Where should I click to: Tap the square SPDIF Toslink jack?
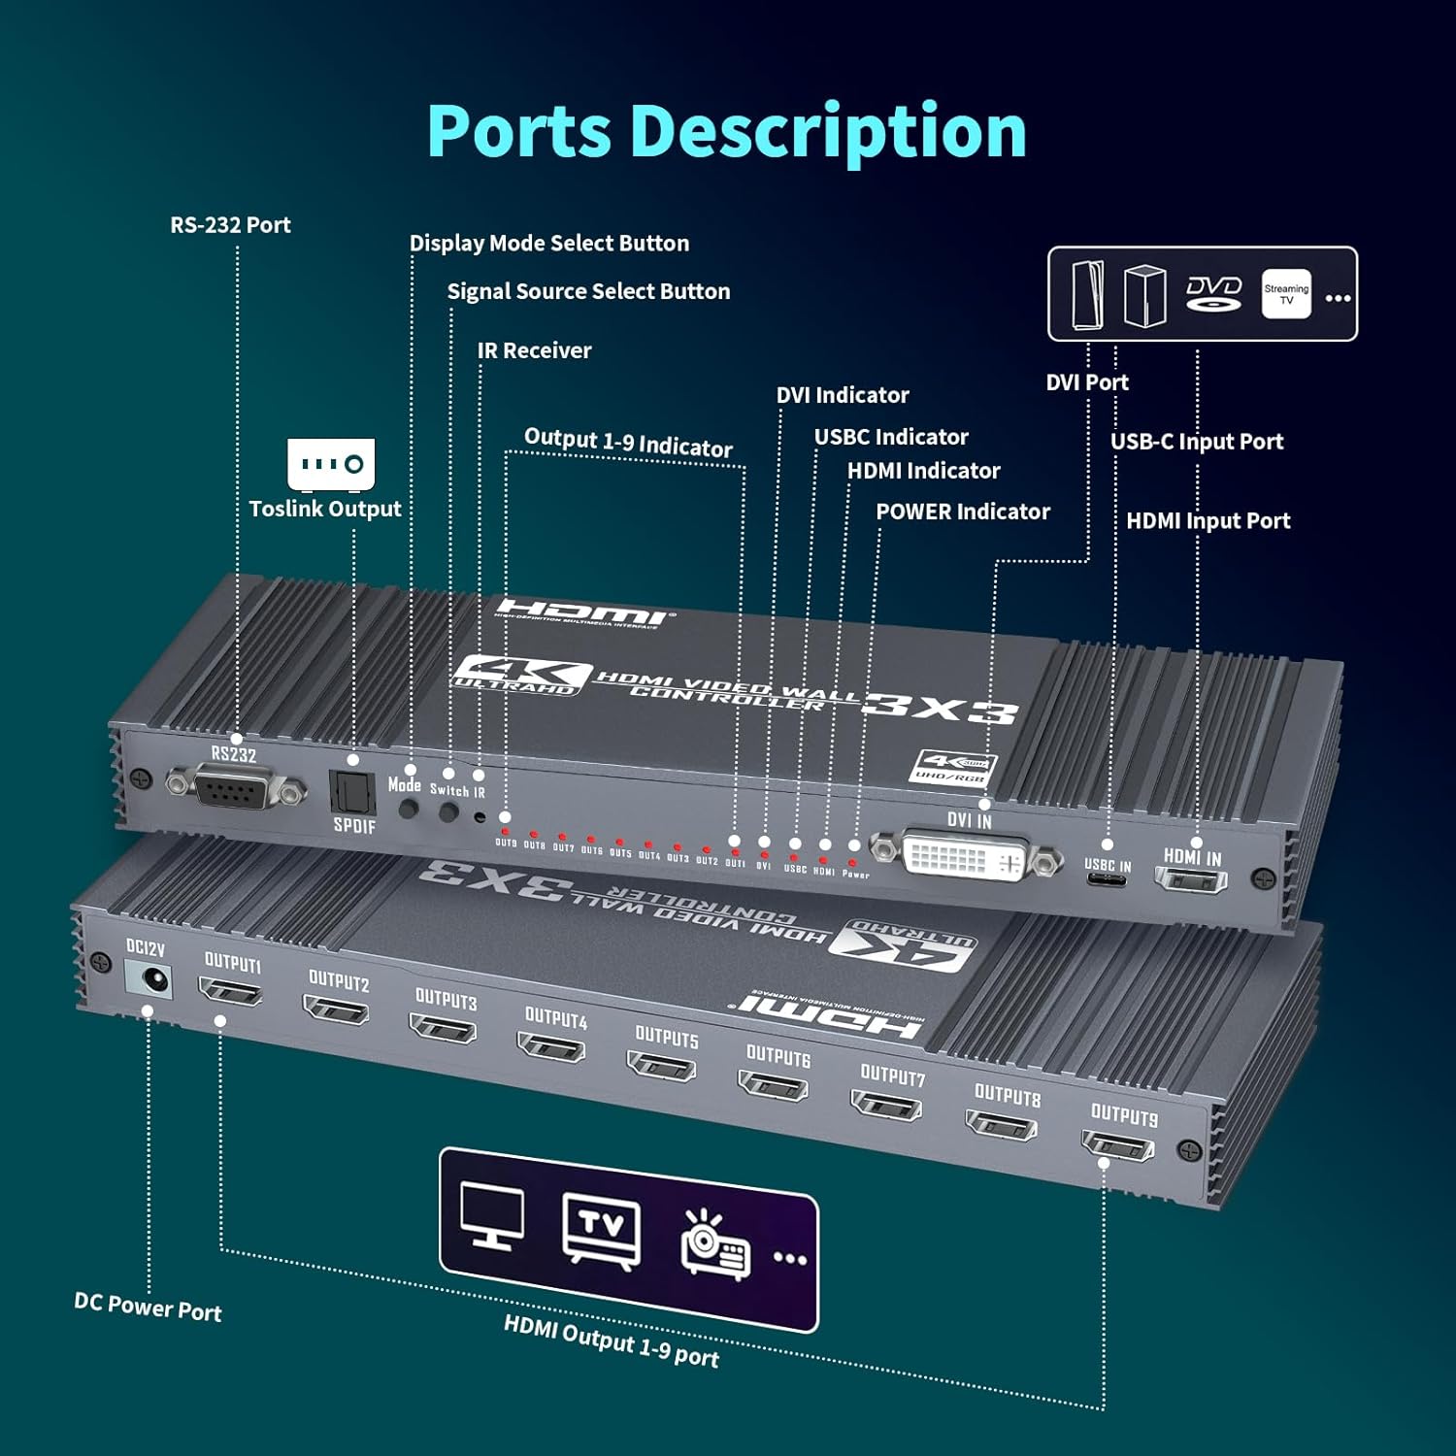click(x=351, y=791)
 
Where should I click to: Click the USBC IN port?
click(x=1106, y=880)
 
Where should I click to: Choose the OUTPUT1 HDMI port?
click(x=230, y=993)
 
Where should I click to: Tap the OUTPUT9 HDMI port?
click(x=1118, y=1147)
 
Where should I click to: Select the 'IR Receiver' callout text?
click(x=534, y=350)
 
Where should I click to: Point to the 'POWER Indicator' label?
click(x=962, y=512)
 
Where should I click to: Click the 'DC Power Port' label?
click(x=148, y=1307)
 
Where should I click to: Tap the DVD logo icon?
click(x=1213, y=293)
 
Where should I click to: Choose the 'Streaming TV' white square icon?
click(x=1286, y=294)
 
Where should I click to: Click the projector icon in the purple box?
click(x=715, y=1244)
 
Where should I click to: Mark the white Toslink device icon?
click(x=331, y=463)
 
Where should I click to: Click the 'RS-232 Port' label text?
click(x=230, y=225)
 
